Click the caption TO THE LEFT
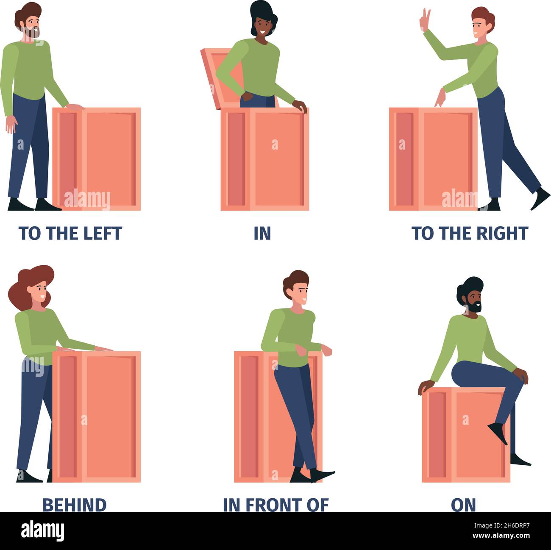click(x=70, y=233)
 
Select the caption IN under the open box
click(x=262, y=233)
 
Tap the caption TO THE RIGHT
click(x=470, y=233)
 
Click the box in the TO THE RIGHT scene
click(x=433, y=159)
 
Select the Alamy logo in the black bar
click(x=42, y=531)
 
